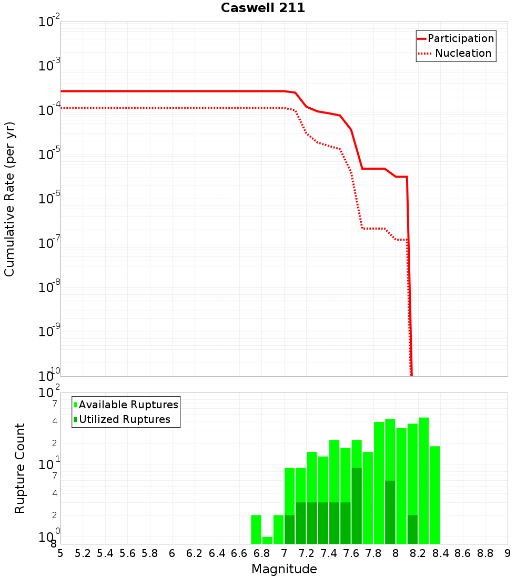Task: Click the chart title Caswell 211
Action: tap(263, 8)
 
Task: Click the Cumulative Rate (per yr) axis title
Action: tap(9, 199)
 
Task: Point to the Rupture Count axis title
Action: tap(20, 468)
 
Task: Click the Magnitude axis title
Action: tap(284, 569)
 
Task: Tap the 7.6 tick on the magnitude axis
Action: tap(351, 553)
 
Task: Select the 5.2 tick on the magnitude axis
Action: tap(83, 553)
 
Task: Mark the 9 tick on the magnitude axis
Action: tap(508, 553)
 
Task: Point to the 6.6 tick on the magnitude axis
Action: tap(239, 553)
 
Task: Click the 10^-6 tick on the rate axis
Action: tap(48, 199)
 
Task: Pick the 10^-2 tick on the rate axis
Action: tap(48, 22)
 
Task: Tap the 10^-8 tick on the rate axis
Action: tap(48, 287)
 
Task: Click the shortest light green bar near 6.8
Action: tap(267, 540)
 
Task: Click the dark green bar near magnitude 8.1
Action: tap(412, 529)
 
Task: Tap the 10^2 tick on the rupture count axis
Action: tap(48, 393)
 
